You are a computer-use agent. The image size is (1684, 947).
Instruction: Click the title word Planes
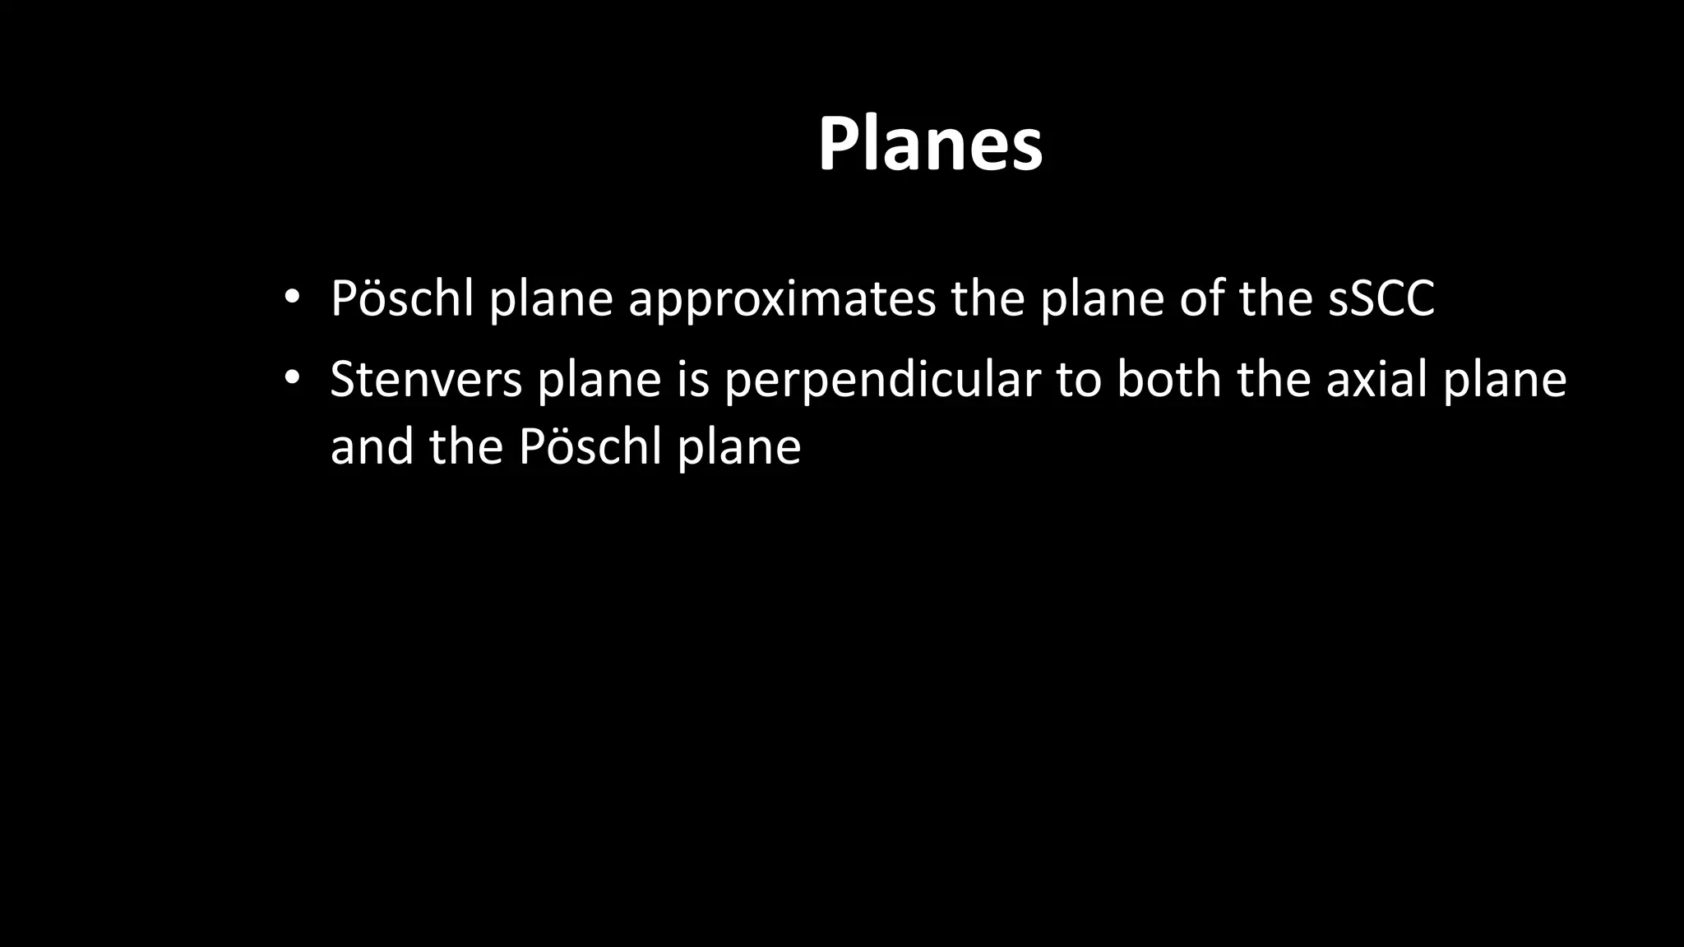coord(930,145)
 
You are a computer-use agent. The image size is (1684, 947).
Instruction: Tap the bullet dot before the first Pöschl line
coord(290,298)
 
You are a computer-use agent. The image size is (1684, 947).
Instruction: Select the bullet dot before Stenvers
coord(290,379)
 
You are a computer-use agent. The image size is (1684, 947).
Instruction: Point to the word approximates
coord(782,299)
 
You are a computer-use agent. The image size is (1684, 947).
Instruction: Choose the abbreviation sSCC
coord(1381,298)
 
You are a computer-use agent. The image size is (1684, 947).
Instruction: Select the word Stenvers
coord(426,380)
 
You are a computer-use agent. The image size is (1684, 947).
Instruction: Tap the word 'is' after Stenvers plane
coord(692,380)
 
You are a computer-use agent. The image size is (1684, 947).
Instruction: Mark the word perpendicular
coord(882,381)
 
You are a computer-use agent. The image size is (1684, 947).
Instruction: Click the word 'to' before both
coord(1079,380)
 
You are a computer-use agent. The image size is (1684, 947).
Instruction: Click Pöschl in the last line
coord(590,447)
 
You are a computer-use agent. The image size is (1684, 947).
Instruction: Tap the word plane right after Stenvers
coord(599,381)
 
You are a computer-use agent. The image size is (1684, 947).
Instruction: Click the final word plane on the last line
coord(738,449)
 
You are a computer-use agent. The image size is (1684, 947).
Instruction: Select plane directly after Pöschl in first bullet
coord(551,299)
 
